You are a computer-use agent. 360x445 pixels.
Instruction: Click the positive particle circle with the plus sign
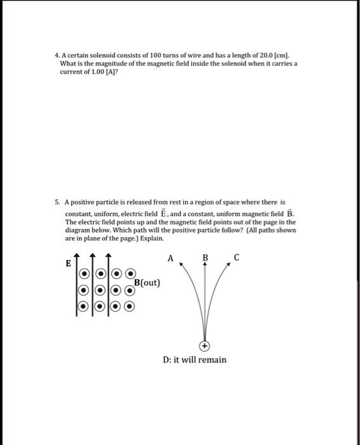(x=204, y=346)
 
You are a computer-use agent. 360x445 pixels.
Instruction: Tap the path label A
(x=170, y=259)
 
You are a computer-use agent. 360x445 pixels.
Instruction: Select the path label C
(x=237, y=257)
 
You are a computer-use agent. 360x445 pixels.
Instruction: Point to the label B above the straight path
(x=205, y=258)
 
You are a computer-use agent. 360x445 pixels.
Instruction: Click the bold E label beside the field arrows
(x=68, y=264)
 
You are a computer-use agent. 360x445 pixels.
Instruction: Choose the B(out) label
(x=147, y=282)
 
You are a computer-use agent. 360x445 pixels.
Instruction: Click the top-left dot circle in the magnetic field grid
(x=85, y=275)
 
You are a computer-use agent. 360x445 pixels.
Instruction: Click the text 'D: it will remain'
(x=195, y=360)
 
